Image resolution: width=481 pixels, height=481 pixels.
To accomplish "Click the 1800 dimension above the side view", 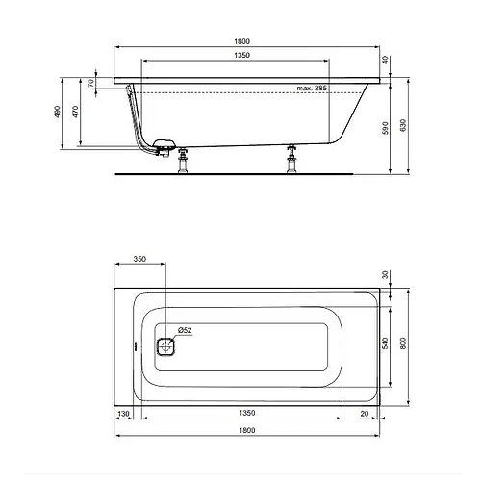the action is pyautogui.click(x=241, y=41).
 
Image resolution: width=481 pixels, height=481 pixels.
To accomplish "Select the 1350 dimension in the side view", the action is pyautogui.click(x=241, y=55).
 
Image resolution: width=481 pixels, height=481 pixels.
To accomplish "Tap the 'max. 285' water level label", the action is pyautogui.click(x=312, y=88).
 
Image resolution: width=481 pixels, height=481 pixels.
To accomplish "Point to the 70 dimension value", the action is pyautogui.click(x=91, y=83).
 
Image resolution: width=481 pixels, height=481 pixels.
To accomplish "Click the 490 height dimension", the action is pyautogui.click(x=58, y=112).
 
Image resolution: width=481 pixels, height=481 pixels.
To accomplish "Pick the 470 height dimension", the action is pyautogui.click(x=75, y=112).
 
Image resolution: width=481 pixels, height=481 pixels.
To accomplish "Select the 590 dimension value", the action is pyautogui.click(x=386, y=128).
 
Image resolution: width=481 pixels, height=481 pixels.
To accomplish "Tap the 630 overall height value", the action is pyautogui.click(x=403, y=125).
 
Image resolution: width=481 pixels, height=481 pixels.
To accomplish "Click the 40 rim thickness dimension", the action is pyautogui.click(x=386, y=60).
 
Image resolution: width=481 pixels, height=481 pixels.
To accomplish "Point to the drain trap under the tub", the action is pyautogui.click(x=164, y=147).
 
